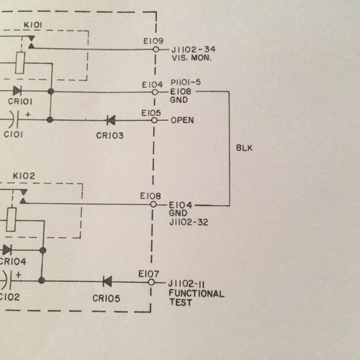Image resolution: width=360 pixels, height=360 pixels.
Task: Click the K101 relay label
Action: click(x=33, y=25)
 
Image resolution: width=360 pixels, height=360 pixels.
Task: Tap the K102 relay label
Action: click(x=24, y=176)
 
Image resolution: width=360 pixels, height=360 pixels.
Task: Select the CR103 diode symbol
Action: click(x=111, y=120)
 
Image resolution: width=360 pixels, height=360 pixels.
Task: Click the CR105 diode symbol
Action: click(x=107, y=282)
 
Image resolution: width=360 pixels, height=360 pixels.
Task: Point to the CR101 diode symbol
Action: click(x=17, y=91)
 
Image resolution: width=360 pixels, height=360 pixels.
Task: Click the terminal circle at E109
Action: click(x=156, y=49)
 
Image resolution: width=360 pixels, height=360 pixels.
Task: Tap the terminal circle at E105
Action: click(x=154, y=121)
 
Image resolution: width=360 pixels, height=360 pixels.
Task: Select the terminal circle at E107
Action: click(x=151, y=283)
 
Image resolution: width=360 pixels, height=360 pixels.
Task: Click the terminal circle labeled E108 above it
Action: click(x=153, y=205)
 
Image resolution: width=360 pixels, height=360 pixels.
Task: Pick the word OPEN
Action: click(x=182, y=120)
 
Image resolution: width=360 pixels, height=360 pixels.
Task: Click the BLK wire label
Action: click(x=244, y=148)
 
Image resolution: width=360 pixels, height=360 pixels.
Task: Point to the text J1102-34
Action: click(x=193, y=49)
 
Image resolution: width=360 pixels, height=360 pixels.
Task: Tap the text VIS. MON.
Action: click(x=191, y=58)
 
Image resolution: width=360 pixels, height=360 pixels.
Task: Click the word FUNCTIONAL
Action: click(x=196, y=293)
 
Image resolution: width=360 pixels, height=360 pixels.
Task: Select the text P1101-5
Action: click(x=186, y=82)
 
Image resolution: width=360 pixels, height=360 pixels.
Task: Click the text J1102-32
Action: click(x=189, y=222)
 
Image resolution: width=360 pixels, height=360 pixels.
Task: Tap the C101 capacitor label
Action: click(x=13, y=134)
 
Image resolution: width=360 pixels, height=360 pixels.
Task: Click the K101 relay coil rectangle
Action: click(x=20, y=63)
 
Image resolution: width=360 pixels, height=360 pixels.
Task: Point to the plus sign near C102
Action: click(x=19, y=274)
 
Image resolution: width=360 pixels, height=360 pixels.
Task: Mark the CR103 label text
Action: click(x=110, y=136)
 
